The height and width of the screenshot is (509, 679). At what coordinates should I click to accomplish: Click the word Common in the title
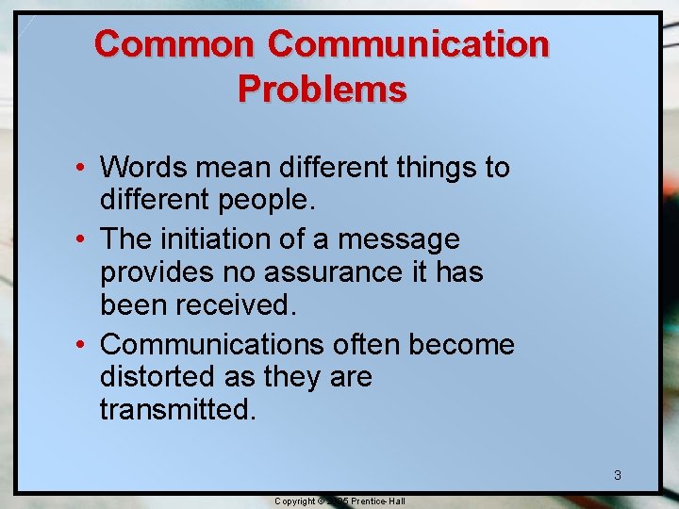pos(174,44)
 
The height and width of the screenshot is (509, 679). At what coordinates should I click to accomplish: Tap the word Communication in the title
pos(407,44)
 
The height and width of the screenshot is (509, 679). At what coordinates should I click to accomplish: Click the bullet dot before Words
pos(84,169)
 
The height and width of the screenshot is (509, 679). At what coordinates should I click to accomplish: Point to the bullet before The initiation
pos(84,240)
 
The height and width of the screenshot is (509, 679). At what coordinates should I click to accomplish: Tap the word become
pos(463,344)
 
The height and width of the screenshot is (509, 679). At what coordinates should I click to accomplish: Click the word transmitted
pos(177,410)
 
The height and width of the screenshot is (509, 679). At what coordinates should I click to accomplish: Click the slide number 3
pos(618,475)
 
